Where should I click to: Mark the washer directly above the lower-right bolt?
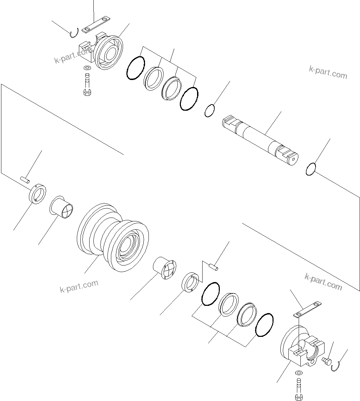click(x=298, y=373)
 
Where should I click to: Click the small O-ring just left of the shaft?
click(x=210, y=111)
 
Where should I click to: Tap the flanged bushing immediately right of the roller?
click(x=164, y=267)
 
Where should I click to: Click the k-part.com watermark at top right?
click(x=328, y=72)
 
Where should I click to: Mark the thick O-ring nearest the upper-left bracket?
click(x=135, y=68)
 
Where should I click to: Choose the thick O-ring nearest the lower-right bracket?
click(x=265, y=324)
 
